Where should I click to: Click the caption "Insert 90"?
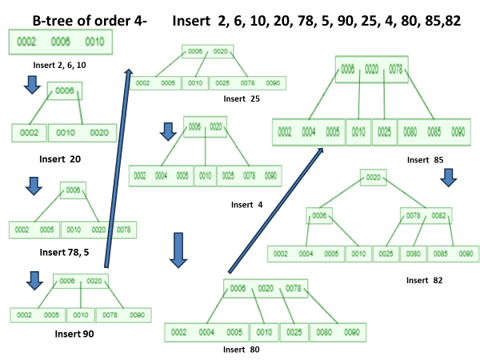point(74,333)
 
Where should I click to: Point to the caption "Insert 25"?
point(243,98)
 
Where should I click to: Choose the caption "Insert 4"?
point(246,205)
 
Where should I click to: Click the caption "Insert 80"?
point(241,349)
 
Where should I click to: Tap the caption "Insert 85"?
point(425,159)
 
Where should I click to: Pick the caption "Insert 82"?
point(424,280)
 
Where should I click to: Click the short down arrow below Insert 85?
point(448,178)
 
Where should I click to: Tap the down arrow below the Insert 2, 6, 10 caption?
point(33,84)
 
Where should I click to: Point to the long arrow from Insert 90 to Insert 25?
point(118,168)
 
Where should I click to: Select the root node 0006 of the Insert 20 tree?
point(65,91)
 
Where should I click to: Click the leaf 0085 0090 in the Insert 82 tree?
point(455,254)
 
